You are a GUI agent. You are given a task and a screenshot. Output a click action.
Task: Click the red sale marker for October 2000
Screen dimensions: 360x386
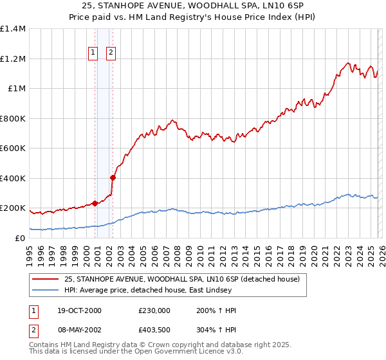point(95,203)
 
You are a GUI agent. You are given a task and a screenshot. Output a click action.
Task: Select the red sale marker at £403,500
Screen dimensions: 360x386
point(113,177)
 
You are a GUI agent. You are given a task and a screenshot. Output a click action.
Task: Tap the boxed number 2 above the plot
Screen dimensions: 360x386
point(111,53)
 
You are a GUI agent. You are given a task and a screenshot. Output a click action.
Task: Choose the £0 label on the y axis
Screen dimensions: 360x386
point(19,239)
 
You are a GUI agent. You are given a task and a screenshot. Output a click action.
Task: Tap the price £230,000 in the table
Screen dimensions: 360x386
point(153,310)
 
